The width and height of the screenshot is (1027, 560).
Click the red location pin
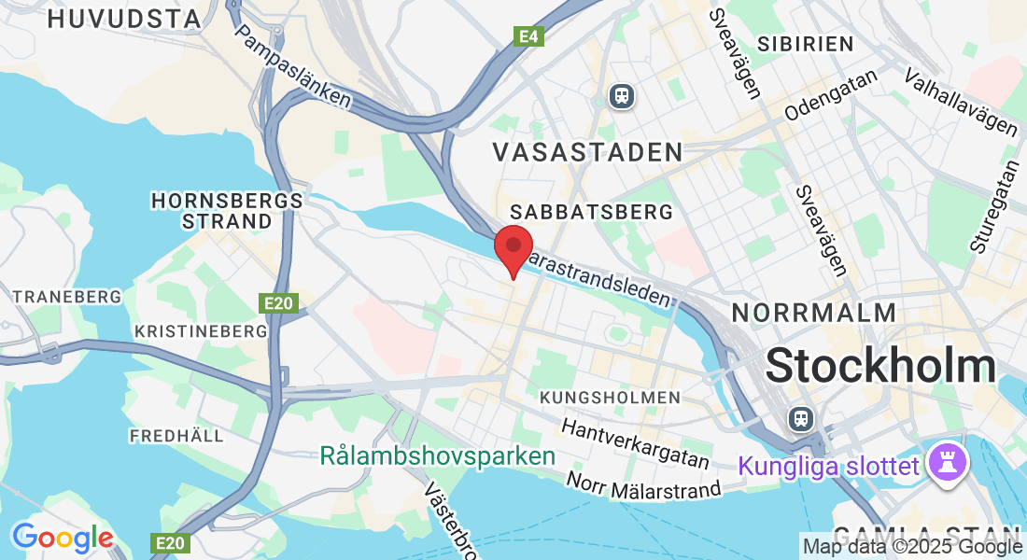pos(513,248)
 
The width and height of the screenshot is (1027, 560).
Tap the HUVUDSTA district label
pos(124,19)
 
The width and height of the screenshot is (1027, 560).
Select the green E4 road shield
pos(528,36)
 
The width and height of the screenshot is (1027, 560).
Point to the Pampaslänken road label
pos(293,65)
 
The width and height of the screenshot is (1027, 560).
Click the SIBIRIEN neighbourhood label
pos(806,44)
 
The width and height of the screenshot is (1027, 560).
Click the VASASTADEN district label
pos(587,152)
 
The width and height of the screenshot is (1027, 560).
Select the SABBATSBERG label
pos(591,213)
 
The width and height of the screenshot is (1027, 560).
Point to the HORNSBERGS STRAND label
pos(227,211)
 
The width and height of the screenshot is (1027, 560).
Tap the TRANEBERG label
pos(67,297)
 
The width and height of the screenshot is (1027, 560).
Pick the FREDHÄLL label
pos(176,436)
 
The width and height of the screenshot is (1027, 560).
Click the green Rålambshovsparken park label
pos(437,457)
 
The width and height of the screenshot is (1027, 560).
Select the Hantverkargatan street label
pos(635,443)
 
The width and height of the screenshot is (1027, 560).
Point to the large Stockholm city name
pos(880,367)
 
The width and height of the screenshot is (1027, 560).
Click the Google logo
pos(63,538)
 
